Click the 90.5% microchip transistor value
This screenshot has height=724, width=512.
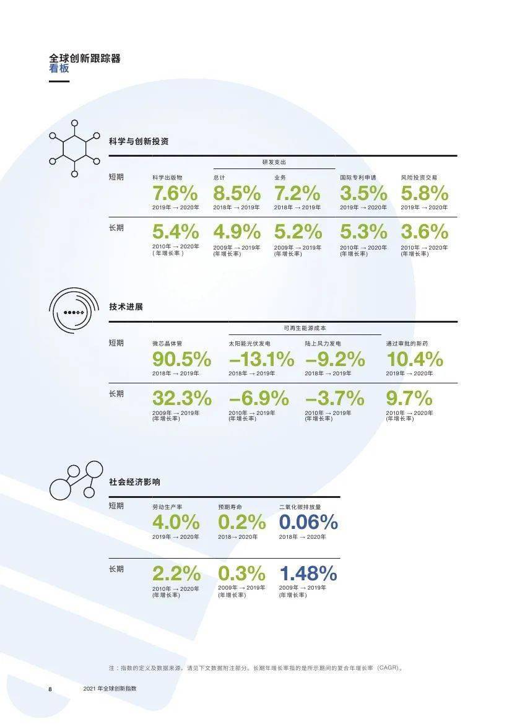pos(182,359)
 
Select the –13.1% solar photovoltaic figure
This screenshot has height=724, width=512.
pos(261,359)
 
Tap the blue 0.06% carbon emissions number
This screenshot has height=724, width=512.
pos(308,522)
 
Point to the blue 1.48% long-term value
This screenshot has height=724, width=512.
pos(308,574)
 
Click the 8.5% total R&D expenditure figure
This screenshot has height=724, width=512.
pos(237,193)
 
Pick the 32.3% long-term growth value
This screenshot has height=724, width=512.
pos(182,398)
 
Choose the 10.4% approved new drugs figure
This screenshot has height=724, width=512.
pos(415,359)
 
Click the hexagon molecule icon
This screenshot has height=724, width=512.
pos(74,148)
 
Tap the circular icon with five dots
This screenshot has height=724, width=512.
pos(74,312)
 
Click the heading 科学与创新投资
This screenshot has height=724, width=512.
pos(139,141)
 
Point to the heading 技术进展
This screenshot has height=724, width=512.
pos(126,307)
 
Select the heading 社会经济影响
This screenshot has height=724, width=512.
pos(135,482)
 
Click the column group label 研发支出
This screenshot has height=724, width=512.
pos(274,162)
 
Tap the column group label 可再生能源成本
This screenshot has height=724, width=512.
pos(305,328)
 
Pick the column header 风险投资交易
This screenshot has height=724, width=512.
pos(419,177)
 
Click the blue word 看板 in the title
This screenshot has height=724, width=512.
pos(59,68)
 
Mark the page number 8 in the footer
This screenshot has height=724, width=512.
pos(50,689)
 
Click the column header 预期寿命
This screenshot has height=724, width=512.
pos(230,507)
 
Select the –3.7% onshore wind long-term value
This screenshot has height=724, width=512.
pos(335,398)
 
